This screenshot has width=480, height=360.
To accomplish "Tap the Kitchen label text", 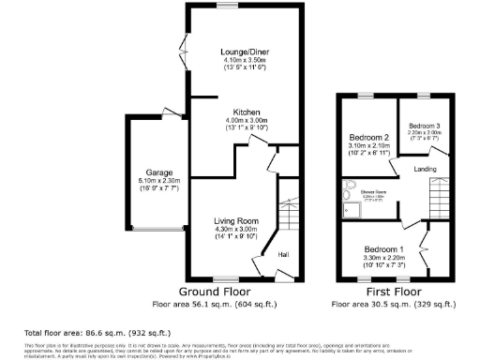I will (x=247, y=112).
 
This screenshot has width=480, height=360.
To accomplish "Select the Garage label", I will (x=149, y=172).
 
